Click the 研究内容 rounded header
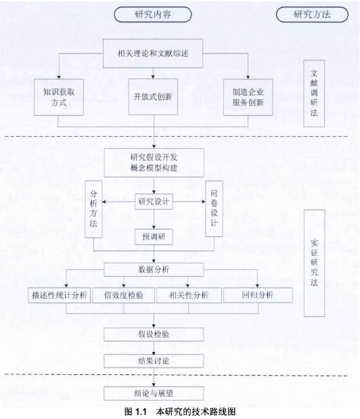pyautogui.click(x=153, y=14)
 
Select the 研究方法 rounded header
pyautogui.click(x=312, y=14)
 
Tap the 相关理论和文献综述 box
pyautogui.click(x=153, y=53)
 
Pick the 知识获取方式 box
pyautogui.click(x=59, y=97)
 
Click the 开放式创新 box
pyautogui.click(x=153, y=97)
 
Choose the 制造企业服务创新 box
pyautogui.click(x=248, y=97)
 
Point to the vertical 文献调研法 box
pyautogui.click(x=314, y=93)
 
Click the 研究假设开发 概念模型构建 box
pyautogui.click(x=154, y=162)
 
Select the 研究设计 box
pyautogui.click(x=154, y=202)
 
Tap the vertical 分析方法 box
pyautogui.click(x=93, y=209)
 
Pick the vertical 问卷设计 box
pyautogui.click(x=214, y=208)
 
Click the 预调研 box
pyautogui.click(x=154, y=237)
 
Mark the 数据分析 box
pyautogui.click(x=154, y=269)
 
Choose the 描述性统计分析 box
pyautogui.click(x=60, y=295)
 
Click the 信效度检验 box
pyautogui.click(x=123, y=295)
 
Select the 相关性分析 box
pyautogui.click(x=189, y=295)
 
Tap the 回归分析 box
pyautogui.click(x=258, y=295)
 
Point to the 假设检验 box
pyautogui.click(x=154, y=334)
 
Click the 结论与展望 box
pyautogui.click(x=154, y=393)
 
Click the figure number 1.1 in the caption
pyautogui.click(x=141, y=412)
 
